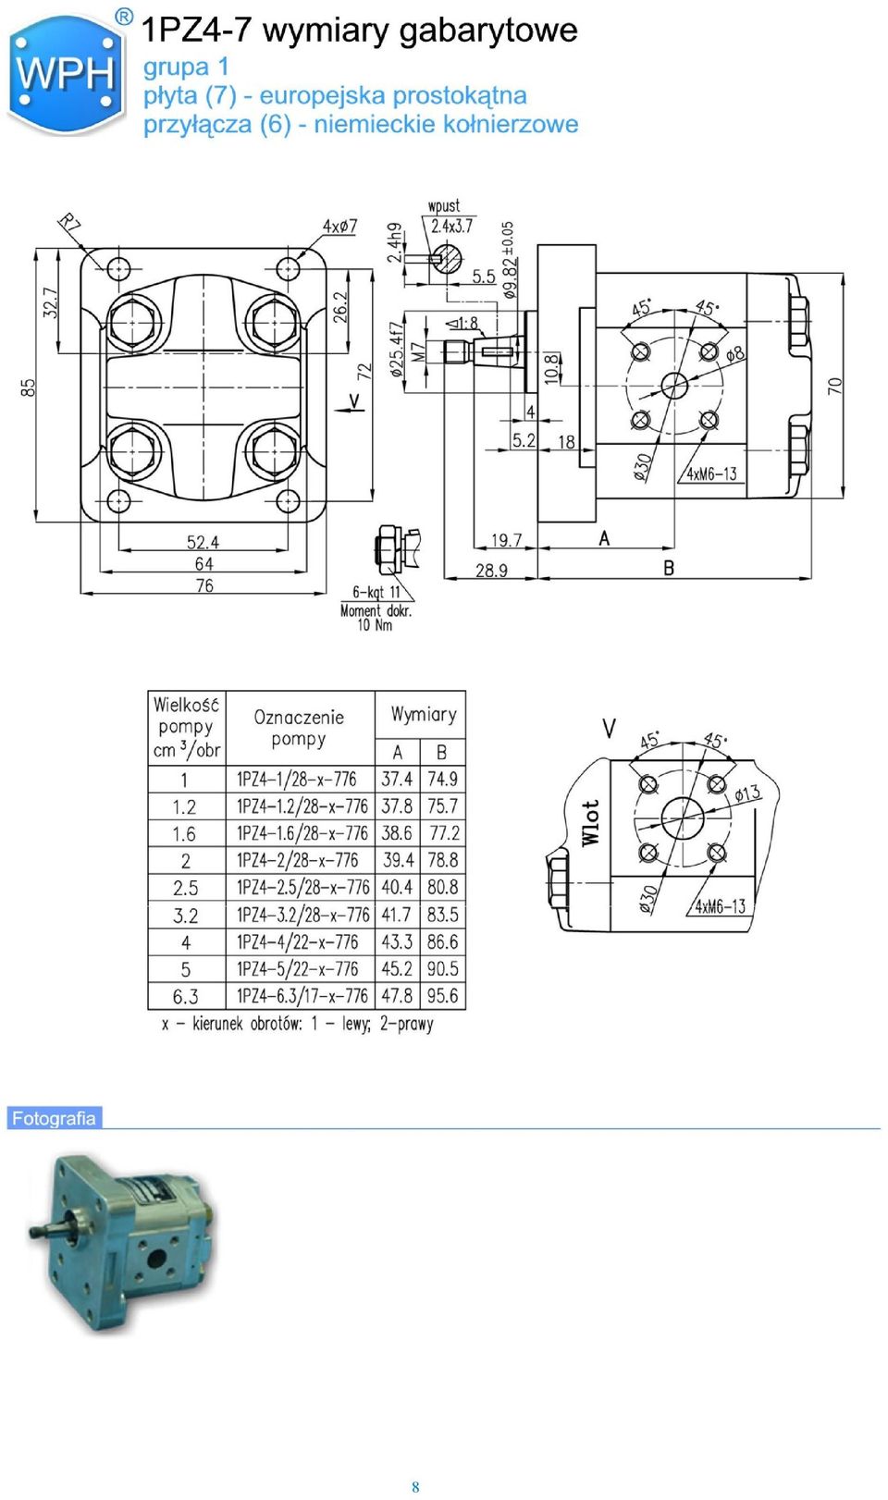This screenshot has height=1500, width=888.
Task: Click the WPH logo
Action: pyautogui.click(x=66, y=74)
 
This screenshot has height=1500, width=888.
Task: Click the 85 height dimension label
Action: pyautogui.click(x=29, y=387)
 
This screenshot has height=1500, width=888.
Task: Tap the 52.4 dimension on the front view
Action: pyautogui.click(x=203, y=541)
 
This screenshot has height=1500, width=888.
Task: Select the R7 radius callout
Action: pyautogui.click(x=69, y=222)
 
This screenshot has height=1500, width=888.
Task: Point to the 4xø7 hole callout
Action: pyautogui.click(x=340, y=227)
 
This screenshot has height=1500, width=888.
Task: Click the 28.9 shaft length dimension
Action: pyautogui.click(x=491, y=570)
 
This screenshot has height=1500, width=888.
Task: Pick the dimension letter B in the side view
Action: pyautogui.click(x=669, y=568)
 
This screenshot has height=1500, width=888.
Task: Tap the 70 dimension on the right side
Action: pyautogui.click(x=834, y=385)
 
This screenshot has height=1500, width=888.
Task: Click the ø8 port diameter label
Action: pyautogui.click(x=734, y=353)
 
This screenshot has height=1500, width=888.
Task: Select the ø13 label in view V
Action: pyautogui.click(x=747, y=793)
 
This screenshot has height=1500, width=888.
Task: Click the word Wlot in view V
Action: pyautogui.click(x=590, y=822)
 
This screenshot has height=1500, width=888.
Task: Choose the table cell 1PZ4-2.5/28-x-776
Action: pyautogui.click(x=302, y=887)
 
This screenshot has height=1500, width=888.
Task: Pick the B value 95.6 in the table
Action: pyautogui.click(x=443, y=996)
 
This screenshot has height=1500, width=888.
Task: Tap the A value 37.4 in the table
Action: pyautogui.click(x=397, y=779)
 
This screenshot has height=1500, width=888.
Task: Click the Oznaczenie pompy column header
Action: pyautogui.click(x=299, y=728)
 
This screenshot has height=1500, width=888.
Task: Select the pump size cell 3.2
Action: pyautogui.click(x=186, y=916)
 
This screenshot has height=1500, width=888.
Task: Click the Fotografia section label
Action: pyautogui.click(x=54, y=1118)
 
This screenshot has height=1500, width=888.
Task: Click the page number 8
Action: pyautogui.click(x=415, y=1487)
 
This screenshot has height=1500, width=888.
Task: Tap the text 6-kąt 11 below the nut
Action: pyautogui.click(x=376, y=592)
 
